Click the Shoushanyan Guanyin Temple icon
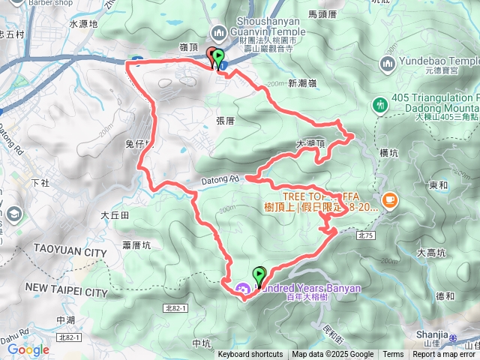click(219, 32)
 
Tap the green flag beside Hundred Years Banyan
click(259, 276)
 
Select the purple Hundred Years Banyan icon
click(242, 288)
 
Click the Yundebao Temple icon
click(388, 61)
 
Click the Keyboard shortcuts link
click(250, 355)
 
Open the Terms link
click(392, 355)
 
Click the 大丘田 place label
click(115, 215)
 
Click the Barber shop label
click(37, 2)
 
